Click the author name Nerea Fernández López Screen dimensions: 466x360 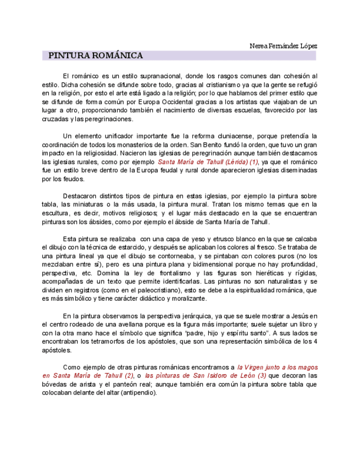(283, 46)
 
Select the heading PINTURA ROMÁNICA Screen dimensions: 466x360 (96, 56)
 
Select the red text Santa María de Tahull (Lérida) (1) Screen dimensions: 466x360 (208, 162)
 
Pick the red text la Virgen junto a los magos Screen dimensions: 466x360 (278, 367)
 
